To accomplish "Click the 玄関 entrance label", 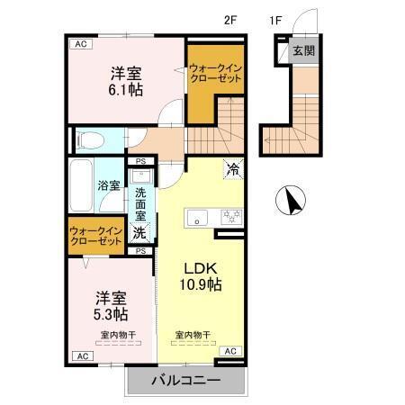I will coord(303,51).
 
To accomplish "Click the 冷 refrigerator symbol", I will coord(231,168).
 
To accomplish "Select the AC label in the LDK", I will coord(229,350).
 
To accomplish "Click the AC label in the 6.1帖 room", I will coord(81,42).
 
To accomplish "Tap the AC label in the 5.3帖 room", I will coord(81,356).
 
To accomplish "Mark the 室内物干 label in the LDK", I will coord(193,335).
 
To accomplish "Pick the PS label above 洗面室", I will coord(140,162).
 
